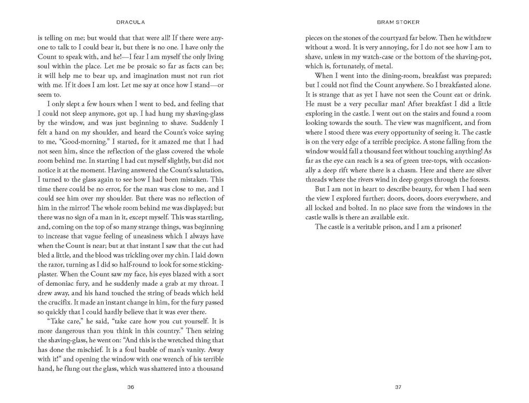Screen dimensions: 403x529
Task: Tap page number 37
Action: pos(398,387)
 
